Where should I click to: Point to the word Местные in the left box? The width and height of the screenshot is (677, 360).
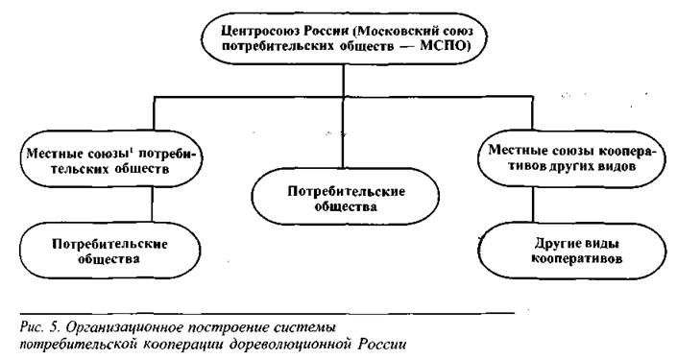49,154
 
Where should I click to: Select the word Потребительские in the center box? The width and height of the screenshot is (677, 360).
347,191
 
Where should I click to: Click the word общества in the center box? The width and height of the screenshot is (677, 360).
346,206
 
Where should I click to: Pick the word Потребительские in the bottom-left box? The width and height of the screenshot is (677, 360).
109,244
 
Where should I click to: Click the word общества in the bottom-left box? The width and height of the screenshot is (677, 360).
109,259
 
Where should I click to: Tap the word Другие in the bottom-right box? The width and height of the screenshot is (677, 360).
555,244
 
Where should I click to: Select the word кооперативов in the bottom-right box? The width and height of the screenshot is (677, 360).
577,258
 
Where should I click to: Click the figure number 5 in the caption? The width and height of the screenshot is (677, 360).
54,327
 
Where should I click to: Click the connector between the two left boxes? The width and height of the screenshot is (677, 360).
152,204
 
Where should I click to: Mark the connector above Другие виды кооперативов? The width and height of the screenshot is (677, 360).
533,204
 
